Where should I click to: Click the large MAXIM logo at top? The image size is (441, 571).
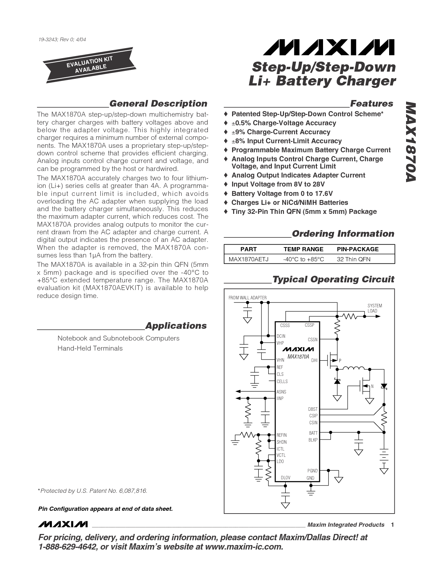pyautogui.click(x=328, y=47)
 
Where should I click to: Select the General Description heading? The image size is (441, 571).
pyautogui.click(x=158, y=104)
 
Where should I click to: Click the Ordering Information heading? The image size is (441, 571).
pyautogui.click(x=343, y=234)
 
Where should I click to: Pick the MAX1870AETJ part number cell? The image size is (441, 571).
pyautogui.click(x=249, y=259)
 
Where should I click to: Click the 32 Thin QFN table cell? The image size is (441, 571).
pyautogui.click(x=353, y=259)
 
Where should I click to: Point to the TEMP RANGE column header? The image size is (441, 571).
pyautogui.click(x=303, y=249)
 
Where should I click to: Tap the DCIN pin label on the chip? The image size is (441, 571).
pyautogui.click(x=281, y=336)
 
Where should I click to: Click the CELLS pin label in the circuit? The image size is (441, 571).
pyautogui.click(x=282, y=381)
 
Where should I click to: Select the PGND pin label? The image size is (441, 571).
pyautogui.click(x=312, y=471)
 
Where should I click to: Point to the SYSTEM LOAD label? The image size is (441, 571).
pyautogui.click(x=375, y=308)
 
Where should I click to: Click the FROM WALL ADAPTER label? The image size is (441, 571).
pyautogui.click(x=248, y=298)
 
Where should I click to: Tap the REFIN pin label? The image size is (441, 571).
pyautogui.click(x=282, y=435)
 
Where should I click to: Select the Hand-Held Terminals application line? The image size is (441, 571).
pyautogui.click(x=90, y=348)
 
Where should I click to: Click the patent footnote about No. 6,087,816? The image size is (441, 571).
pyautogui.click(x=93, y=491)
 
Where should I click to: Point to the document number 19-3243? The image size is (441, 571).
pyautogui.click(x=62, y=39)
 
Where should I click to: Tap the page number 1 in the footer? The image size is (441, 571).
pyautogui.click(x=393, y=525)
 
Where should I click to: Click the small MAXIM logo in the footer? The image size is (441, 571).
pyautogui.click(x=63, y=524)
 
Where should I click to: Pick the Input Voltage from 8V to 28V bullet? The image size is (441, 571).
pyautogui.click(x=278, y=184)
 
